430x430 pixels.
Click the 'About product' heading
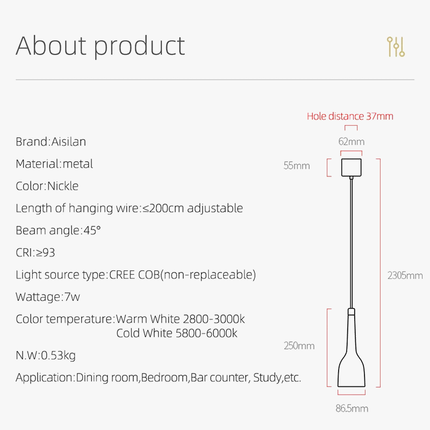point(100,46)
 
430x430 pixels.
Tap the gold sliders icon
point(396,47)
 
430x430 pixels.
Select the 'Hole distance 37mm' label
point(350,116)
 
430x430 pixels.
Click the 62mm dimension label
point(351,142)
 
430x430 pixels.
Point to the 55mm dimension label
point(297,166)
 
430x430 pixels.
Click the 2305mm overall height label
point(405,276)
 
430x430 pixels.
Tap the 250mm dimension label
point(299,346)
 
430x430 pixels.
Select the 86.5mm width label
point(352,408)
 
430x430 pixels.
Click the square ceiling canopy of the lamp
point(352,166)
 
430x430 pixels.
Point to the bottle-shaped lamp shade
point(352,360)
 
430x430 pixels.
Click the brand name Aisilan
point(68,142)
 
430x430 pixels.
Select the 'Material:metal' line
point(54,164)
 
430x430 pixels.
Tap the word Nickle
point(63,186)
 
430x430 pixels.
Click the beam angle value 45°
point(91,231)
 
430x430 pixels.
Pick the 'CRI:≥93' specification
point(35,253)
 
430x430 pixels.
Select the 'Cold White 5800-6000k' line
point(177,333)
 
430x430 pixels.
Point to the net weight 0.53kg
point(56,355)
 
